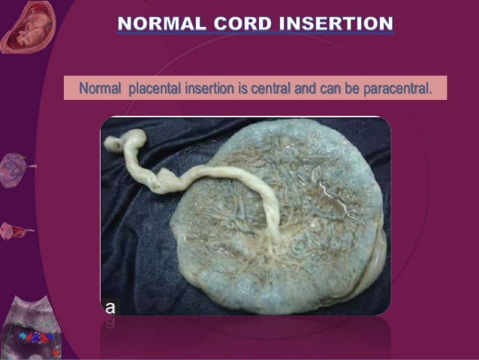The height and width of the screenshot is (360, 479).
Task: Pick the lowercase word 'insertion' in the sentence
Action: [x=212, y=89]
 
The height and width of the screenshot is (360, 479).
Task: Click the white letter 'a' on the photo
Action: [x=110, y=307]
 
